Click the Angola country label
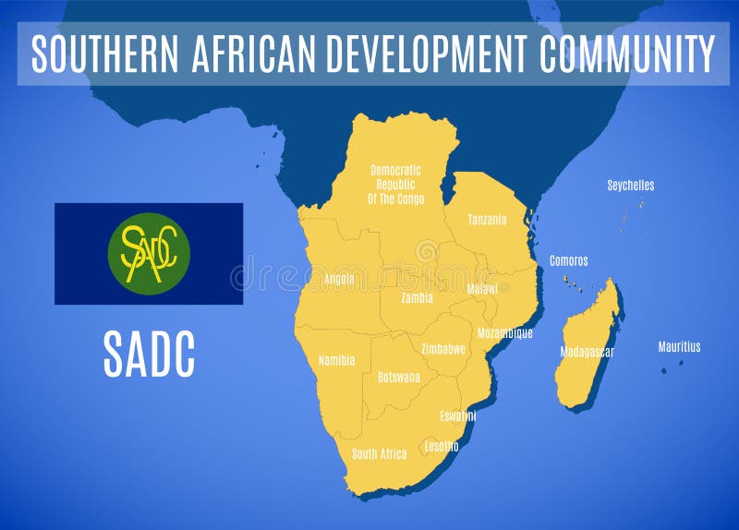click(x=339, y=279)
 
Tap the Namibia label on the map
click(x=336, y=360)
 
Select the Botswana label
click(x=399, y=377)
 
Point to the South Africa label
click(x=379, y=453)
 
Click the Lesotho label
click(x=441, y=446)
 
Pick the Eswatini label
click(x=458, y=416)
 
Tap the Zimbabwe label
click(x=442, y=349)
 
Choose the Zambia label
click(x=418, y=298)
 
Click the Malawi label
click(x=482, y=289)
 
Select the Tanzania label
click(x=487, y=220)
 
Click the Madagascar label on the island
click(x=587, y=352)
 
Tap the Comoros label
click(x=569, y=260)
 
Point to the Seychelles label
click(x=630, y=186)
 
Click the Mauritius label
click(x=679, y=347)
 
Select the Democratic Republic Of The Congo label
click(x=395, y=184)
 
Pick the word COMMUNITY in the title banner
click(x=627, y=53)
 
